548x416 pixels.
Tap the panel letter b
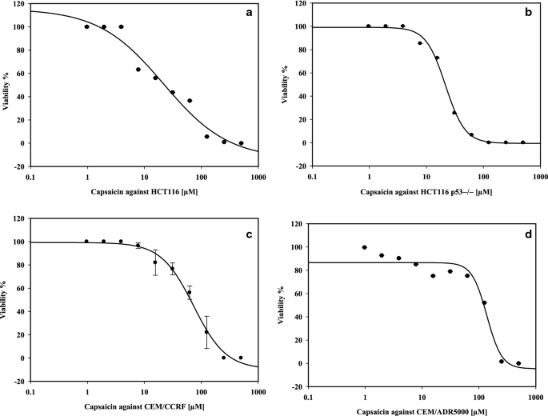point(526,10)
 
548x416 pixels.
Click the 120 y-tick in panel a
point(19,4)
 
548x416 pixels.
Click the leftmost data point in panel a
point(87,27)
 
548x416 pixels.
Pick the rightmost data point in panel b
point(523,142)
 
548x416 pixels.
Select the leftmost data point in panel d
point(365,247)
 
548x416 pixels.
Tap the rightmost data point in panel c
point(241,358)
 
